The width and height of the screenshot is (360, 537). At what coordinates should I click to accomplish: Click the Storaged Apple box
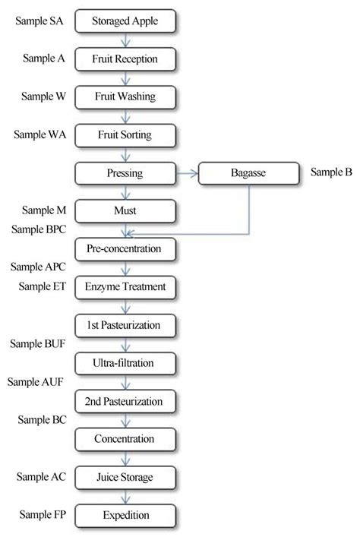point(125,21)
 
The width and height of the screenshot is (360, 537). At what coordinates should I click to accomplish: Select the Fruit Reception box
point(125,59)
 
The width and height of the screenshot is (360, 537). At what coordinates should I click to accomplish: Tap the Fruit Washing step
point(125,97)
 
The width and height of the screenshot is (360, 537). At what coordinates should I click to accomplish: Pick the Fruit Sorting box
point(125,135)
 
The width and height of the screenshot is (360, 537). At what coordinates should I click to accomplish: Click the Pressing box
point(125,173)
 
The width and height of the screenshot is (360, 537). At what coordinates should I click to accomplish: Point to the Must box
point(125,210)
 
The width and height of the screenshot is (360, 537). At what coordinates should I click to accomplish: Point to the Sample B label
point(331,172)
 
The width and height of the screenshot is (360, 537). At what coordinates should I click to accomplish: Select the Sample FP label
point(42,514)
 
